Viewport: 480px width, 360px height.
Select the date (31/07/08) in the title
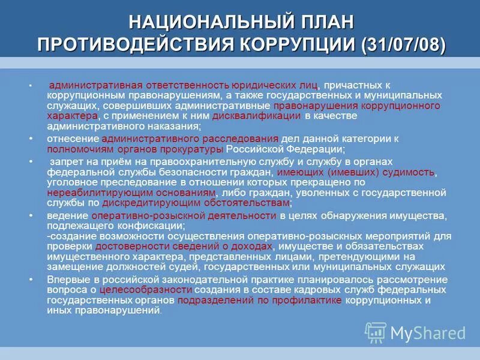click(x=403, y=45)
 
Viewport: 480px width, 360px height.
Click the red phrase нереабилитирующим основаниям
click(x=131, y=193)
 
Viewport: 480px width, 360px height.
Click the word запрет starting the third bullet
click(x=66, y=162)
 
